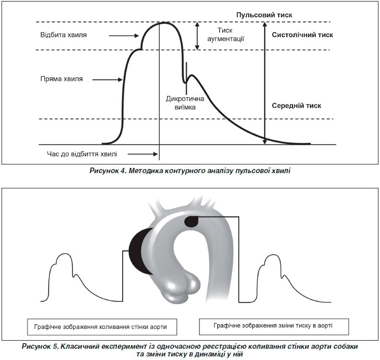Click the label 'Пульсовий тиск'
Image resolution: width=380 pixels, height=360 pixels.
coord(264,15)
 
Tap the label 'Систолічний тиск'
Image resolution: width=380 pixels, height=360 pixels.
coord(303,35)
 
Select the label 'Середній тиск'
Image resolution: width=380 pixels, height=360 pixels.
coord(297,106)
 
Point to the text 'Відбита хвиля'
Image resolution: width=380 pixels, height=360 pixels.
coord(64,35)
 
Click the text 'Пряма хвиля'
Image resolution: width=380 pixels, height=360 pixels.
coord(62,79)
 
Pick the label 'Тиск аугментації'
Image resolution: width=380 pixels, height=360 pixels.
coord(225,35)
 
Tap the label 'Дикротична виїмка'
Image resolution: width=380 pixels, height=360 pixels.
coord(185,103)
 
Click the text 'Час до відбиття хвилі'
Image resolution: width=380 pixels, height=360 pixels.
coord(82,154)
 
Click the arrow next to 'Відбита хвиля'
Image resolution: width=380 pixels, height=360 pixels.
coord(124,36)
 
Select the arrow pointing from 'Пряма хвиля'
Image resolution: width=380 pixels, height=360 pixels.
coord(107,79)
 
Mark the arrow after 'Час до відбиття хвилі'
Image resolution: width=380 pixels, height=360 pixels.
coord(143,154)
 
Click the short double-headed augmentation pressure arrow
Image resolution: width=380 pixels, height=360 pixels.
coord(197,36)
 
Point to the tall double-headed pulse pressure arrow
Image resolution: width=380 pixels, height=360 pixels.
coord(265,83)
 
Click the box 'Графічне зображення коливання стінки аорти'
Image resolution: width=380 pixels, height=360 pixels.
coord(102,327)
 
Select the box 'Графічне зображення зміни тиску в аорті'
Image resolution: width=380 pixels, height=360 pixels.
coord(274,326)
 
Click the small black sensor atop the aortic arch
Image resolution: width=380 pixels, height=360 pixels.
coord(191,221)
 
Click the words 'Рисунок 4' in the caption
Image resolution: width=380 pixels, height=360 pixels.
coord(107,171)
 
